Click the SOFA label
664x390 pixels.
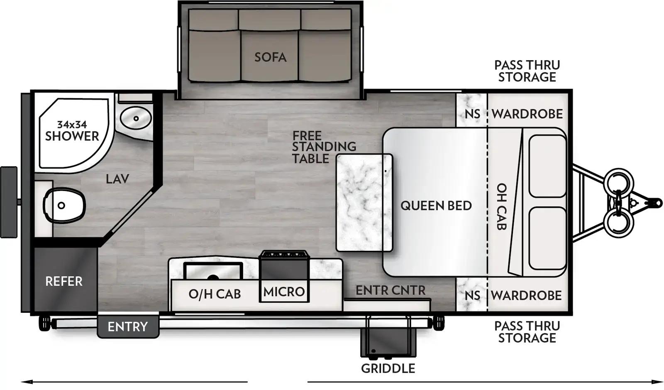click(x=270, y=57)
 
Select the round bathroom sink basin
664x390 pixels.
click(x=135, y=118)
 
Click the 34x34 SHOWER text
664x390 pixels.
click(x=72, y=130)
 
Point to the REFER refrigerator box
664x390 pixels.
click(x=64, y=281)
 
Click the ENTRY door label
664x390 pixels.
click(x=127, y=326)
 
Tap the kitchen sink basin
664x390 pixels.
click(x=213, y=272)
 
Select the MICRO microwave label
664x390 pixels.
click(x=284, y=292)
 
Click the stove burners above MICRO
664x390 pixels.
click(x=284, y=255)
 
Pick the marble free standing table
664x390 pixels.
click(x=364, y=203)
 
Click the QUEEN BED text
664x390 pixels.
click(x=436, y=206)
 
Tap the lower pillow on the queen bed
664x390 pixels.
click(x=547, y=238)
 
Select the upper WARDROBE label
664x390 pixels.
click(x=527, y=114)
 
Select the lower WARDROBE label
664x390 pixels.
click(x=526, y=295)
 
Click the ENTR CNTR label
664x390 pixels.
click(x=390, y=290)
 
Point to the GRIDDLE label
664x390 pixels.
click(x=388, y=368)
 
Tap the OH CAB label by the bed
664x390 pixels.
click(x=502, y=206)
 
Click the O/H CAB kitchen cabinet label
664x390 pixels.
click(x=215, y=294)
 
